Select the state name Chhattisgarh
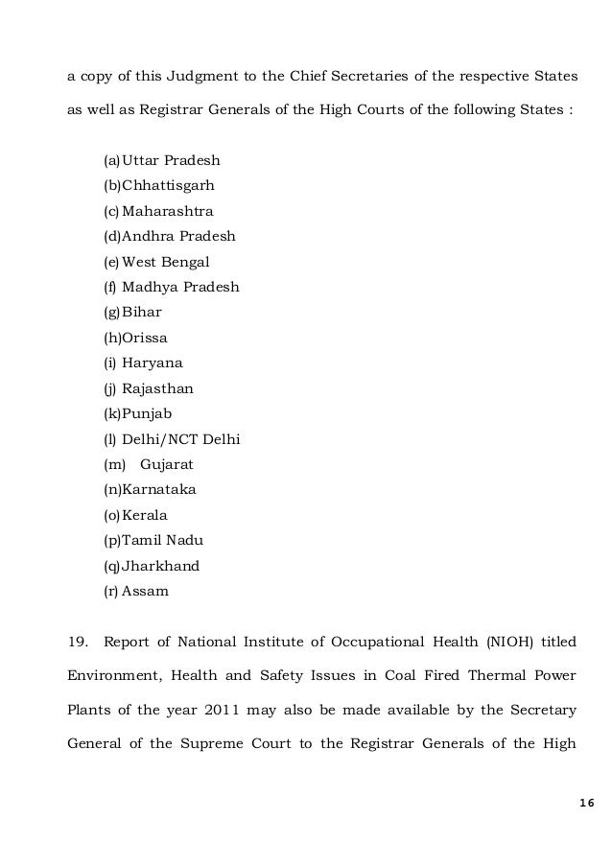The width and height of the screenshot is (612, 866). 174,184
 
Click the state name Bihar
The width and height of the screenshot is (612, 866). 142,312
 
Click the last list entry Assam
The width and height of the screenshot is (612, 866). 145,591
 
